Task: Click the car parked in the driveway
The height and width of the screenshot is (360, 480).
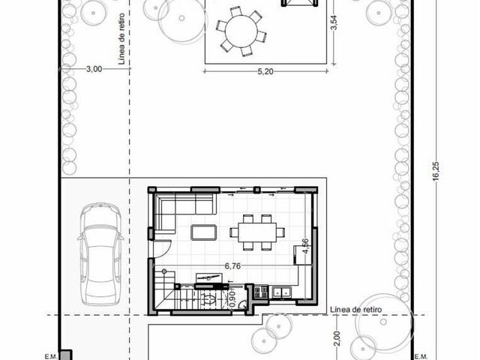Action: point(100,254)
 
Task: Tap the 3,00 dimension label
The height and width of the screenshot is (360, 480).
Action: point(94,69)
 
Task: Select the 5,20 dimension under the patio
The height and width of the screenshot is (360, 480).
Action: point(265,72)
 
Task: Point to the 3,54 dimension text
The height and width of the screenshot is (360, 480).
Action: point(334,22)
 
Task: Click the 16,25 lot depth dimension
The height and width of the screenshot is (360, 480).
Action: point(436,171)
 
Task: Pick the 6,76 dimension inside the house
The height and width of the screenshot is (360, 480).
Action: point(232,266)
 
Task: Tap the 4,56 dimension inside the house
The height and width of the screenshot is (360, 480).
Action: point(305,246)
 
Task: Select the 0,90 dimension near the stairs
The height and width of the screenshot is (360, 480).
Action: point(232,299)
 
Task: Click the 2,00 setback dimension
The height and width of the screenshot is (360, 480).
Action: point(337,338)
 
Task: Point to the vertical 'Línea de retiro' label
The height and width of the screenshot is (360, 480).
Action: point(121,38)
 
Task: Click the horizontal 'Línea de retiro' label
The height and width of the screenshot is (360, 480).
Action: point(356,310)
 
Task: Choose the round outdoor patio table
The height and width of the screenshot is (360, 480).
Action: point(241,31)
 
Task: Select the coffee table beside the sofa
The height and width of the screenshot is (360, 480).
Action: point(203,232)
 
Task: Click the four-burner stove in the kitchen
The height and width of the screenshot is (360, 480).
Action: point(261,292)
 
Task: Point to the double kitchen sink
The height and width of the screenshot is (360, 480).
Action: point(282,292)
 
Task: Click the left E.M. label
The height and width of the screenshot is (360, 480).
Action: point(51,356)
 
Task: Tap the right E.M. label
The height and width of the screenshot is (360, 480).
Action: point(421,356)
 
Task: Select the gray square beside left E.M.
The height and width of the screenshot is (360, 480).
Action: point(66,355)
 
